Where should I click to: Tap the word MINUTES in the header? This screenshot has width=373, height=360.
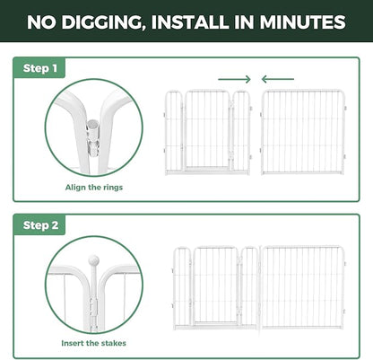tap(302, 22)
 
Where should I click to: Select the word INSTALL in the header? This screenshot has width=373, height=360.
tap(191, 22)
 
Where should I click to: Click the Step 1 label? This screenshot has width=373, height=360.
tap(40, 68)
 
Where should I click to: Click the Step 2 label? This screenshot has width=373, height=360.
tap(40, 225)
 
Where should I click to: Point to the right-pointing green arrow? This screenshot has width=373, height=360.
tap(234, 79)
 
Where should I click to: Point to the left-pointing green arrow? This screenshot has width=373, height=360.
tap(278, 79)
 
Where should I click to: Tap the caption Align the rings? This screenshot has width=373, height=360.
tap(94, 188)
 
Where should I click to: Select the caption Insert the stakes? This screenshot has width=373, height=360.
tap(93, 343)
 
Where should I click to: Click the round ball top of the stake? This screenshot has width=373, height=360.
tap(93, 260)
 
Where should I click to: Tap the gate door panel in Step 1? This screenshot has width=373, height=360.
tap(207, 130)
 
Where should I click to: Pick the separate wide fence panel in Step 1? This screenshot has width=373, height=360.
tap(303, 132)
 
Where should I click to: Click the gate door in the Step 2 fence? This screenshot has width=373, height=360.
tap(215, 285)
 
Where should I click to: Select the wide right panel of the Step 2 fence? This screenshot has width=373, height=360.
tap(303, 287)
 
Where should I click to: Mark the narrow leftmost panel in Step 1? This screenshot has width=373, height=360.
tap(174, 133)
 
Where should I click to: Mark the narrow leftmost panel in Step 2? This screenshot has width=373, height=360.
tap(182, 288)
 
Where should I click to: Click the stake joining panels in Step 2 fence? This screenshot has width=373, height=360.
tap(260, 288)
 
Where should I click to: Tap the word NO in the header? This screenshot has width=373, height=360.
tap(41, 22)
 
